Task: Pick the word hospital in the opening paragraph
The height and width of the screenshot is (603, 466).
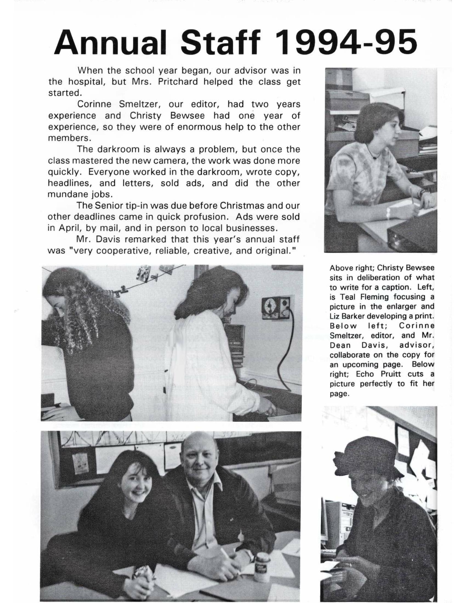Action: click(x=87, y=82)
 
